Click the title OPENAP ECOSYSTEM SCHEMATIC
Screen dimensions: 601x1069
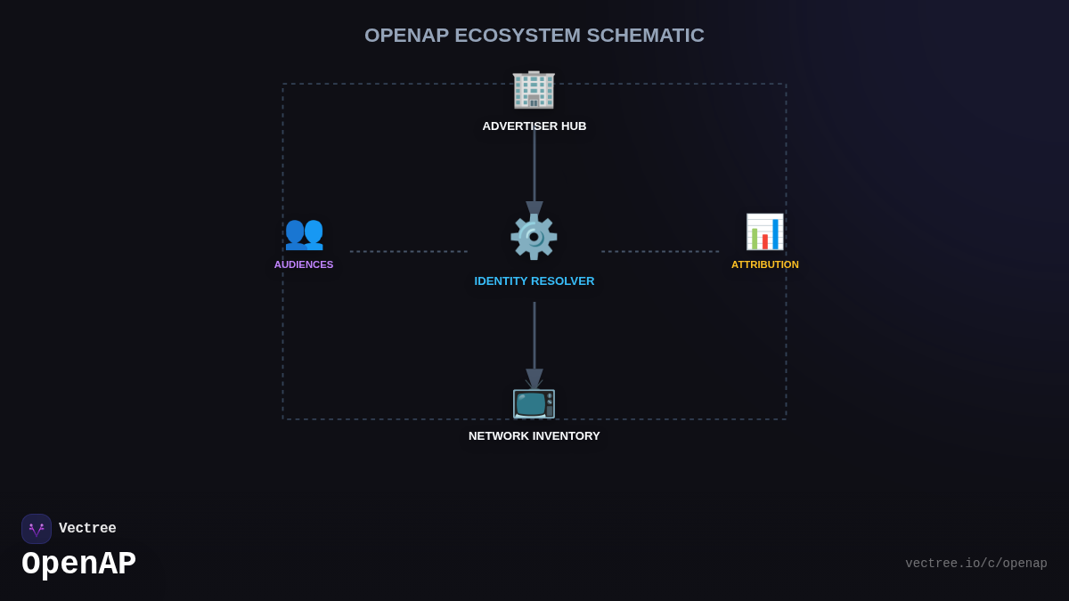point(534,36)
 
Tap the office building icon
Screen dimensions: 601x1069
point(534,88)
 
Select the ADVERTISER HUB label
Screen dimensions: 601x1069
point(534,126)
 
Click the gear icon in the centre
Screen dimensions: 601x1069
point(534,236)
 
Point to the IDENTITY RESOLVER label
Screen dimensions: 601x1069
point(534,281)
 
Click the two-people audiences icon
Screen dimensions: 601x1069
point(304,232)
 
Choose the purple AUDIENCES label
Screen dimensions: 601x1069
point(304,264)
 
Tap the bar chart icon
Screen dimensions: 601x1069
point(764,232)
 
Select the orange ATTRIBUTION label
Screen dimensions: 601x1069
point(764,264)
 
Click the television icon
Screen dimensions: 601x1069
point(534,403)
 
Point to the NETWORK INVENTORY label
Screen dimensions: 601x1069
point(534,436)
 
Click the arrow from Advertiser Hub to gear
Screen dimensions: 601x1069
point(534,169)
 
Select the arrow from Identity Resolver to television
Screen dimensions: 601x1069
point(534,338)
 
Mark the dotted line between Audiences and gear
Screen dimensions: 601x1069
point(408,251)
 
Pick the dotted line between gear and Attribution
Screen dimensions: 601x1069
point(659,251)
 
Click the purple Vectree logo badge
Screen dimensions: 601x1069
point(37,529)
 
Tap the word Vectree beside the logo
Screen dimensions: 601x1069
point(87,529)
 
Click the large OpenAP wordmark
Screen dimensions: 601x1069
point(78,564)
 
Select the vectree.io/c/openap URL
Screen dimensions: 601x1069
point(975,564)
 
